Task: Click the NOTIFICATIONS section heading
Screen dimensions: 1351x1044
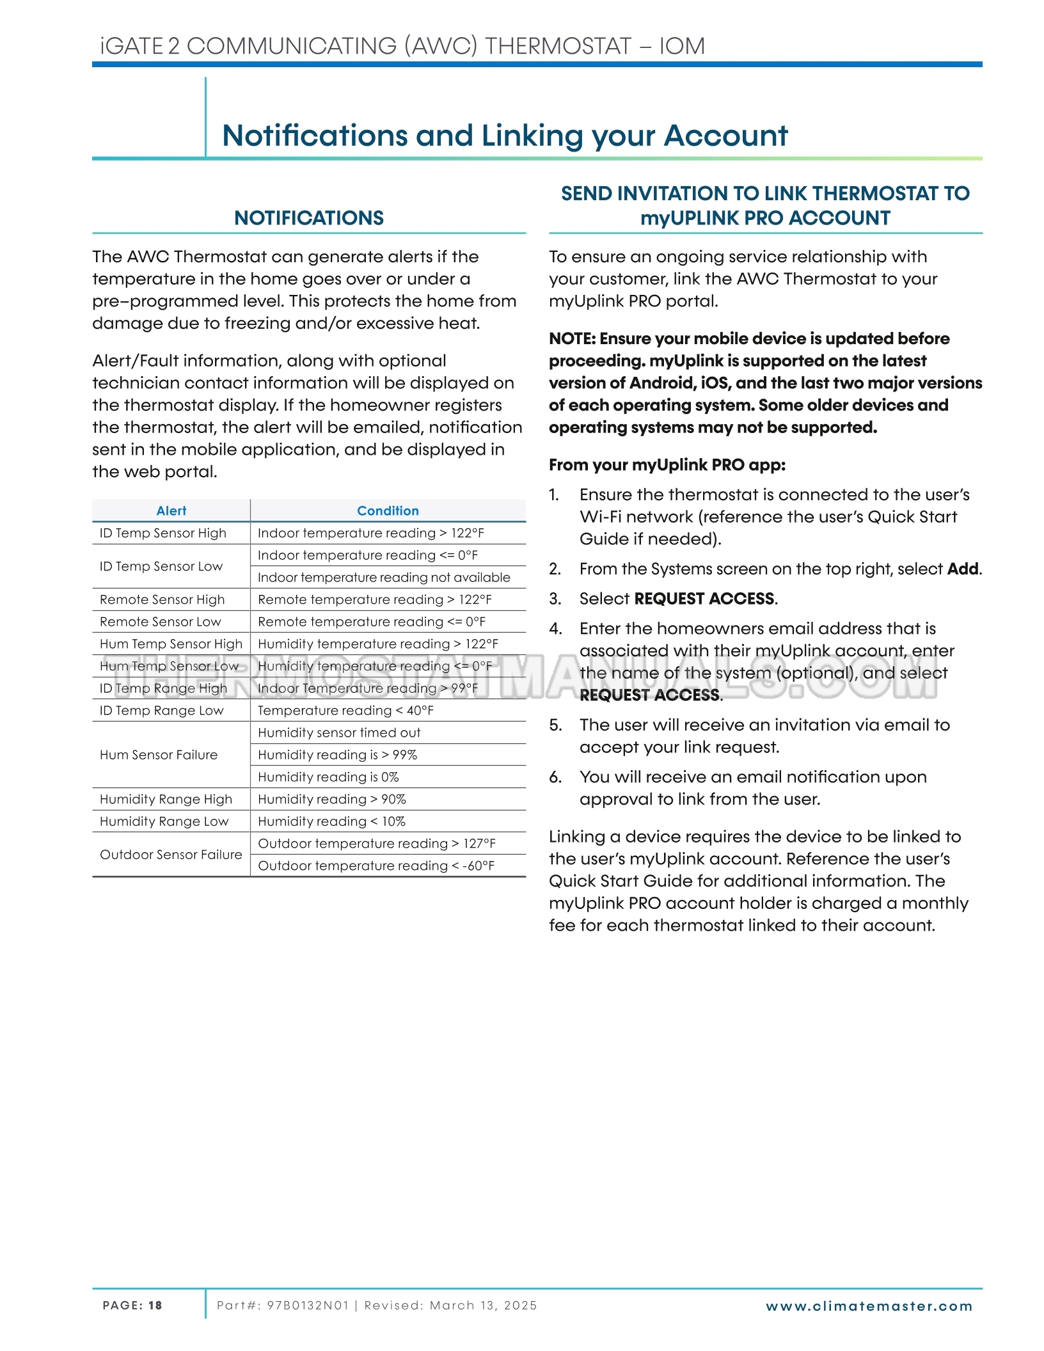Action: coord(309,218)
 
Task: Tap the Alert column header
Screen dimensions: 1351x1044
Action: coord(171,510)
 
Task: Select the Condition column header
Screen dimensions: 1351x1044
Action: coord(388,510)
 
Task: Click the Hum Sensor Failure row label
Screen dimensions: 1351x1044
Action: coord(159,755)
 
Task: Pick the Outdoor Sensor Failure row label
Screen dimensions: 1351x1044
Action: coord(171,855)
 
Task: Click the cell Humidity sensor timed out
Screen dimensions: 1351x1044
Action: coord(339,732)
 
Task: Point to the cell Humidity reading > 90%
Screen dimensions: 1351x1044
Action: coord(332,799)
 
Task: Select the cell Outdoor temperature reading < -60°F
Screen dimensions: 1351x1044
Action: coord(376,865)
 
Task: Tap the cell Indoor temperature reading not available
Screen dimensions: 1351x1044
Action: coord(384,577)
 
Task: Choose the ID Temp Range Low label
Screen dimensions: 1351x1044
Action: coord(162,711)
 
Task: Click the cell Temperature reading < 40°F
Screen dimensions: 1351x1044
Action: coord(345,711)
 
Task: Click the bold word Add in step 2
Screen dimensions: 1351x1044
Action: coord(963,569)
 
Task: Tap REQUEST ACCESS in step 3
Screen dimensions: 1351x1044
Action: coord(704,599)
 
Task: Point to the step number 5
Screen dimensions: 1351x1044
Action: coord(555,725)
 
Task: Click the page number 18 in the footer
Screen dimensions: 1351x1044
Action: coord(155,1306)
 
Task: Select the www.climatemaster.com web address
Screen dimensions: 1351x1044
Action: coord(869,1306)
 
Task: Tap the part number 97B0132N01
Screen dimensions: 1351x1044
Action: coord(308,1306)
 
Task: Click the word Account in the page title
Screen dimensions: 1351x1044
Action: coord(725,136)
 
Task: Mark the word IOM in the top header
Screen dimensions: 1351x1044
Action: coord(682,46)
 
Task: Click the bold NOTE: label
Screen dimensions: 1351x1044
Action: coord(572,338)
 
